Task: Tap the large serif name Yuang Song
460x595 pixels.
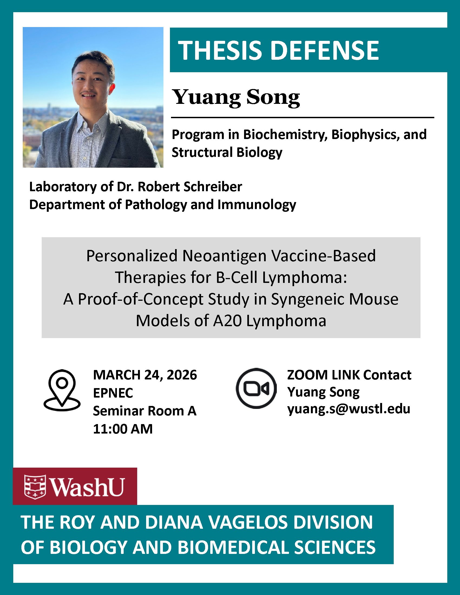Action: coord(236,98)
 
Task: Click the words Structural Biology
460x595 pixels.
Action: coord(227,152)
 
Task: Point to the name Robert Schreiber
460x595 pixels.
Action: coord(190,187)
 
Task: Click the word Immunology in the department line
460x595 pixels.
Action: coord(257,205)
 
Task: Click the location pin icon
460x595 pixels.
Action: coord(62,390)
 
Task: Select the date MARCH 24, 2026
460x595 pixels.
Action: coord(145,375)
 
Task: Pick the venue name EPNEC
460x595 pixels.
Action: coord(113,393)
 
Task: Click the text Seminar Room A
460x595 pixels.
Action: coord(145,411)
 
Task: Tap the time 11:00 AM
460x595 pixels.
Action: coord(123,429)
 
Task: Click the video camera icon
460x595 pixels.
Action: coord(256,388)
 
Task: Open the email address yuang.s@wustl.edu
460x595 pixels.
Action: coord(349,409)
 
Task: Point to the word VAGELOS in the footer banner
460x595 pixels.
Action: coord(248,523)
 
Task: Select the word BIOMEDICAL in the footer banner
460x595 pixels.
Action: coord(233,548)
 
